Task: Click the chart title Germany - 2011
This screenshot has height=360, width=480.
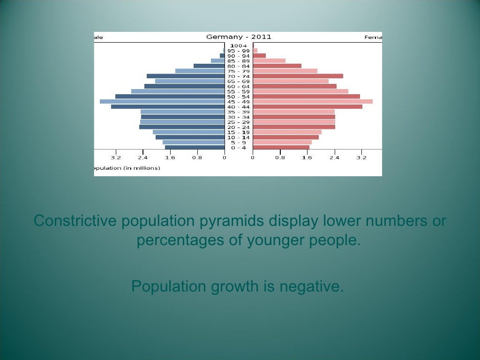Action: pos(239,37)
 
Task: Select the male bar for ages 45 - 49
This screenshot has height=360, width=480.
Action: pos(162,101)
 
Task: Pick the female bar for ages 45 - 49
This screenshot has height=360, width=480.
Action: pos(313,101)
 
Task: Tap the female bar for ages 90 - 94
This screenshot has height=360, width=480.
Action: pos(259,56)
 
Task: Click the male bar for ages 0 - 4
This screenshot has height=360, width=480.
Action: pos(195,148)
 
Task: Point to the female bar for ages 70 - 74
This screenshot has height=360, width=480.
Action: pos(298,76)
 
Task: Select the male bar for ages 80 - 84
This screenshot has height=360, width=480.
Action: pos(209,66)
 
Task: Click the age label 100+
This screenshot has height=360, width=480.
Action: pos(239,45)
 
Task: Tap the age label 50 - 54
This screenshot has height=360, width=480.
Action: pos(239,97)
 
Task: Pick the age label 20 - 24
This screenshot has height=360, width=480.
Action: pos(239,127)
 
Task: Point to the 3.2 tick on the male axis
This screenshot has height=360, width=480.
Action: pos(116,157)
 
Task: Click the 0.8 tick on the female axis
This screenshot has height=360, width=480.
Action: pos(280,157)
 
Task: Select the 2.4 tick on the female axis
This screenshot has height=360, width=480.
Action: pos(334,157)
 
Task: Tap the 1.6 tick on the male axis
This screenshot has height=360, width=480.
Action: pos(170,157)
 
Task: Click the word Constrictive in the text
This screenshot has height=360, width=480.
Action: pos(75,220)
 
